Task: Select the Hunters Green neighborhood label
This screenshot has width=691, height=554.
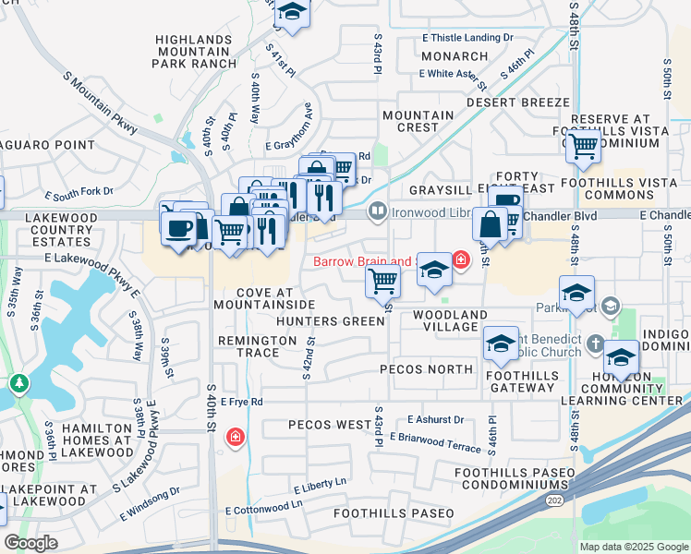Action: [330, 321]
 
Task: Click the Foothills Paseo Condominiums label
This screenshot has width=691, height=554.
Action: [514, 478]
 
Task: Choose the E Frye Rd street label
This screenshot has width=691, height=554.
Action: [242, 402]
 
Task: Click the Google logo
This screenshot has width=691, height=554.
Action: [30, 543]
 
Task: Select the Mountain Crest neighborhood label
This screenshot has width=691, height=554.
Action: [418, 121]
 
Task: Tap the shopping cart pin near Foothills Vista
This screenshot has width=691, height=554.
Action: [583, 145]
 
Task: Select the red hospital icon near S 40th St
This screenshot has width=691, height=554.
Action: [236, 436]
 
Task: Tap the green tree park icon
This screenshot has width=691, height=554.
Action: [18, 381]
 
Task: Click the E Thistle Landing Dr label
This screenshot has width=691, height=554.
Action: [467, 38]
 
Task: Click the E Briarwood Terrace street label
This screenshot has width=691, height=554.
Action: [435, 441]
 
